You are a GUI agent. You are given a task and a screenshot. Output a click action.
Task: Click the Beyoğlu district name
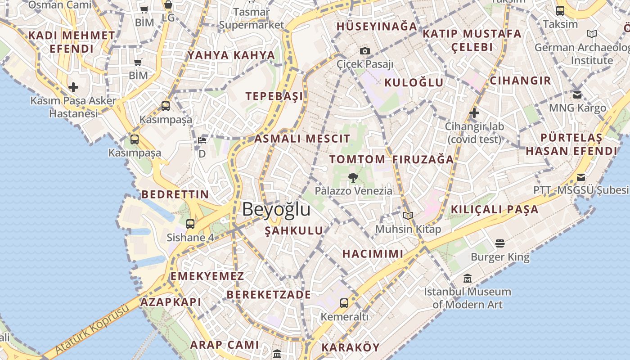point(276,209)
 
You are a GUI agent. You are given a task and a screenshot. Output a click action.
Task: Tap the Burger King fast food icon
point(500,243)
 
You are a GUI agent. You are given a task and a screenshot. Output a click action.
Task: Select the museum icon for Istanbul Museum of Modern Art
point(468,278)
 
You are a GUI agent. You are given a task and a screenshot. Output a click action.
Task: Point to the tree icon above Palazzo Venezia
point(353,177)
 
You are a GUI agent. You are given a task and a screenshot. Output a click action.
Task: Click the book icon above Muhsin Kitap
point(408,216)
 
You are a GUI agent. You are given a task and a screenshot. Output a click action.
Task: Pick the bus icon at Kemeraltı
point(344,303)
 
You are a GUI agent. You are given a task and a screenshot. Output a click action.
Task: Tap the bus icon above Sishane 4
point(190,224)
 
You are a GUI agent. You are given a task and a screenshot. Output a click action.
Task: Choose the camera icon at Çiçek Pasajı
point(365,51)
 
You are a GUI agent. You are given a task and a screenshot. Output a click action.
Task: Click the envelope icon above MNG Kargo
point(577,94)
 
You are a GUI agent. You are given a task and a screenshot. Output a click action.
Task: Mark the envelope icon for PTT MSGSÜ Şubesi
point(581,177)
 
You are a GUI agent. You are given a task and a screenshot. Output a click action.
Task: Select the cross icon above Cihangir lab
point(474,113)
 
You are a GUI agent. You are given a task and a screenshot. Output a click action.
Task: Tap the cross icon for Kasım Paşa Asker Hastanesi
point(73,87)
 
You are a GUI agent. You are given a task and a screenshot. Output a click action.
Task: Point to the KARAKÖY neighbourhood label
point(351,347)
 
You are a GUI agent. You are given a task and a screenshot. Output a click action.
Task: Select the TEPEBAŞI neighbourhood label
point(274,96)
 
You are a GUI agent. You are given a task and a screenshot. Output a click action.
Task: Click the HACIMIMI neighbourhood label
point(373,253)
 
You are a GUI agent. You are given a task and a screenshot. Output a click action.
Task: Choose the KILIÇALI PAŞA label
point(495,209)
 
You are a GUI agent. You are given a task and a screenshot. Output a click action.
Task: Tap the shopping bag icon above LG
point(168,5)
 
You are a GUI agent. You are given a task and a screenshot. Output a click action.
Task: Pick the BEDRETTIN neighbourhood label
point(175,194)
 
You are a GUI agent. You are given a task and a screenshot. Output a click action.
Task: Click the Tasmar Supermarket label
point(252,18)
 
